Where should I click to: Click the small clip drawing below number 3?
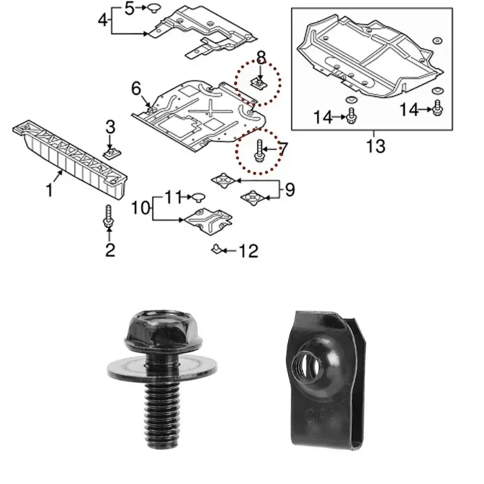click(x=111, y=151)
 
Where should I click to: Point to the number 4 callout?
click(x=103, y=21)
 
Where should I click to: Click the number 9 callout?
click(x=290, y=190)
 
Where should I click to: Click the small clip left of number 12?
click(x=216, y=249)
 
